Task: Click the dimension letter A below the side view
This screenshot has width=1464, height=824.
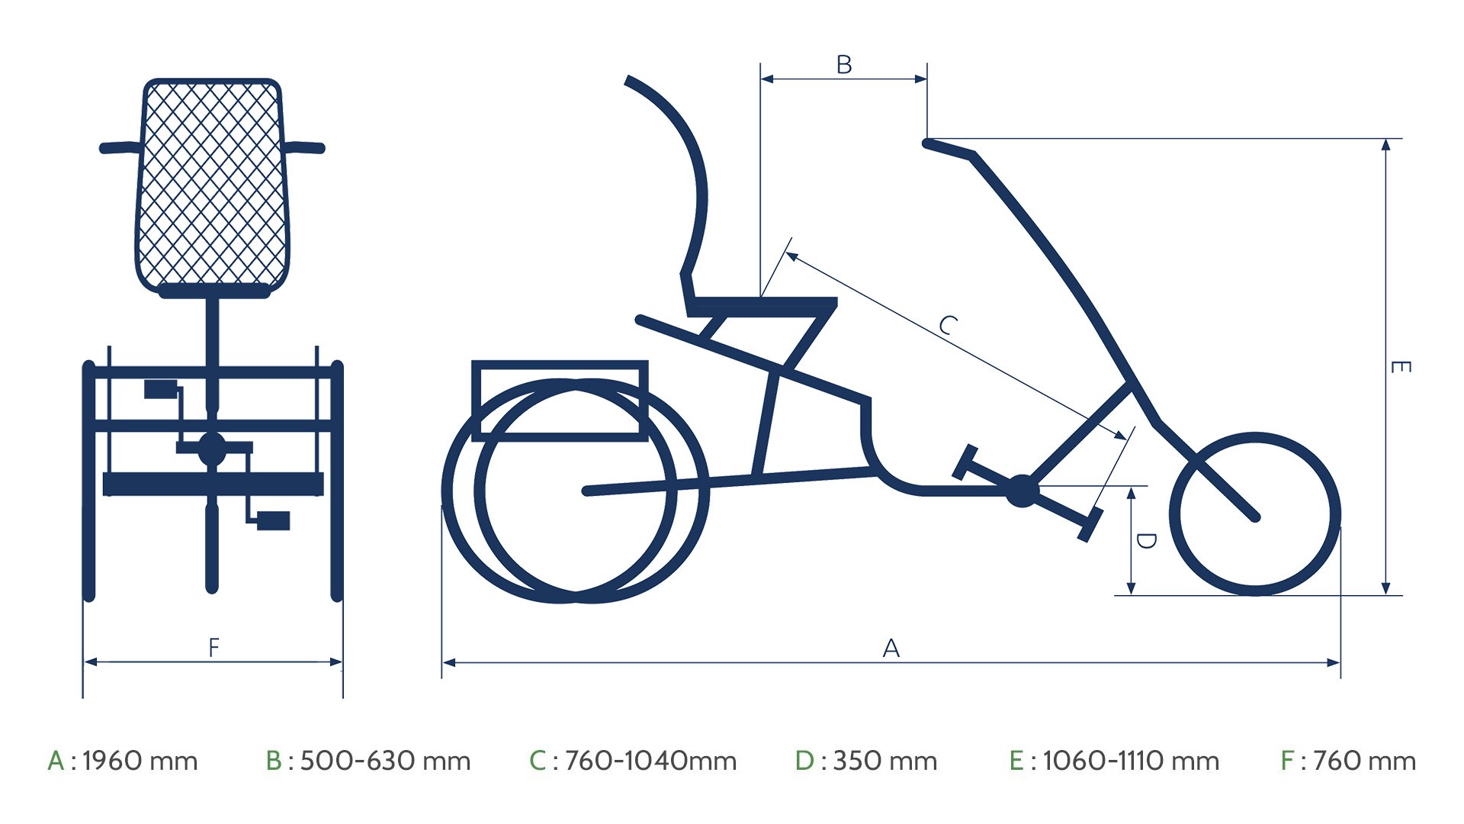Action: [891, 648]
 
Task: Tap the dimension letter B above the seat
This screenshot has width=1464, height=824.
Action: [843, 64]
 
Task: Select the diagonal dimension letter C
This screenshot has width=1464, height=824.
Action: [947, 325]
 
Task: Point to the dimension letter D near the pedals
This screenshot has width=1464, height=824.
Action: [1145, 541]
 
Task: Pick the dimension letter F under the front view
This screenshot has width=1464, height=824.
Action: [213, 648]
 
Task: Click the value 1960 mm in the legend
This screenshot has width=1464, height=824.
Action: [140, 761]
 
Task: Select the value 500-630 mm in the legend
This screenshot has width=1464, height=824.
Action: [385, 761]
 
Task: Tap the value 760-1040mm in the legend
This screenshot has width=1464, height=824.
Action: [650, 761]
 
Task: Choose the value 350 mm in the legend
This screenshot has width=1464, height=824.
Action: [884, 761]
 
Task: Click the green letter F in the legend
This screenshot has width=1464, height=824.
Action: [1287, 761]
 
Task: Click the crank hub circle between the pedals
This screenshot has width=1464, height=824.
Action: [1022, 491]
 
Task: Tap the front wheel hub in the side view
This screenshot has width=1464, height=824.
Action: [1255, 517]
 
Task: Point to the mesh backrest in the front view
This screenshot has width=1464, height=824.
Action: [213, 183]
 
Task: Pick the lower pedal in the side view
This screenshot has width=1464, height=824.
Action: [1090, 525]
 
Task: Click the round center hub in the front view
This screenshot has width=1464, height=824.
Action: [212, 449]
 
